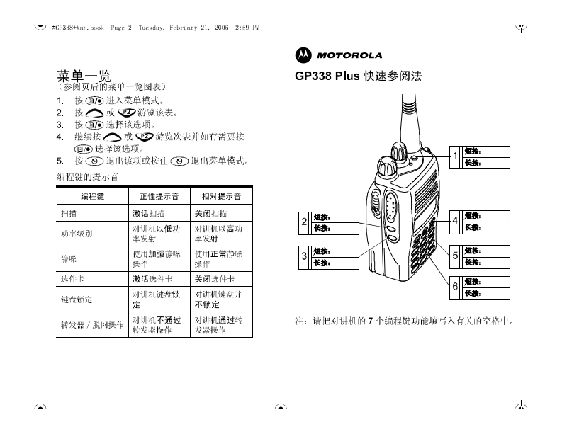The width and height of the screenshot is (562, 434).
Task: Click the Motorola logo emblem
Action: tap(303, 55)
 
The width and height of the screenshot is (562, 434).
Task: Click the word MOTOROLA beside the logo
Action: tap(349, 55)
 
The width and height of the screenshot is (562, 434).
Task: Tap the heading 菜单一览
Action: tap(83, 74)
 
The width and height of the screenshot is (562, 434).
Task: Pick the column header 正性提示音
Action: tap(159, 195)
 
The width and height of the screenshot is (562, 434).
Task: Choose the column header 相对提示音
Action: tap(221, 195)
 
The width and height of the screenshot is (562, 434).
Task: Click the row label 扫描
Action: tap(70, 212)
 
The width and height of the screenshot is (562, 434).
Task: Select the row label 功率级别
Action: tap(77, 233)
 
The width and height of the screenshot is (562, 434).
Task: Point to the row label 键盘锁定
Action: tap(77, 299)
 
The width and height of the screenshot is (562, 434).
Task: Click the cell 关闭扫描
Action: tap(211, 212)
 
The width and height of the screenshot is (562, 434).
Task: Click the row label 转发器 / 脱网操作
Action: tap(92, 325)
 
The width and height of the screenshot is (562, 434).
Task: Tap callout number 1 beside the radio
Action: tap(456, 156)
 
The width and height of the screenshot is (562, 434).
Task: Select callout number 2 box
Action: tap(304, 222)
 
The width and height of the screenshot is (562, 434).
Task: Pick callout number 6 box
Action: tap(456, 287)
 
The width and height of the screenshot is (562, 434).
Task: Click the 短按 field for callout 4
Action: tap(486, 215)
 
